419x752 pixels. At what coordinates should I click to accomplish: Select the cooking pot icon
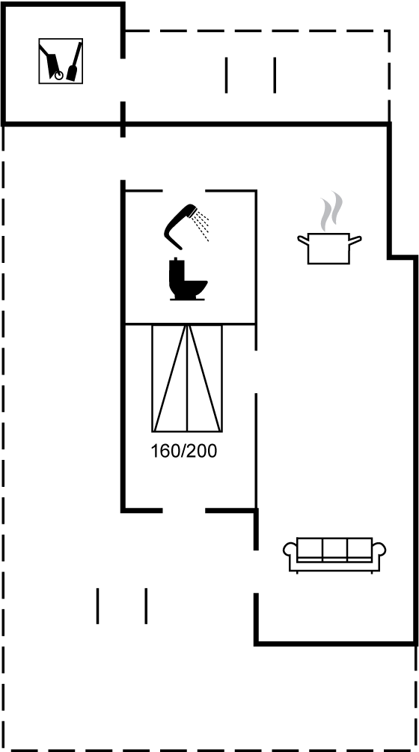click(x=329, y=248)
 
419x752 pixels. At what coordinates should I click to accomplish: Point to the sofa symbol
click(x=334, y=555)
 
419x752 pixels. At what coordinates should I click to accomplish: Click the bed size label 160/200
click(x=184, y=452)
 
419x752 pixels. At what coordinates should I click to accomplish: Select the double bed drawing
click(x=187, y=378)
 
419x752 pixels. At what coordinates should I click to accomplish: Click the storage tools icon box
click(x=61, y=61)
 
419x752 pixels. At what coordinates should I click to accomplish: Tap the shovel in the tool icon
click(x=75, y=61)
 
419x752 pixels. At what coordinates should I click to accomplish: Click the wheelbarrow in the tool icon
click(x=52, y=62)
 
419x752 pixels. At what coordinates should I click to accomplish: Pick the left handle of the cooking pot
click(x=302, y=240)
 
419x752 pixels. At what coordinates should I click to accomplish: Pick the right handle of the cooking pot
click(x=355, y=240)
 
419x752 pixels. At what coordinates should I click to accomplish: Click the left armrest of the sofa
click(x=290, y=551)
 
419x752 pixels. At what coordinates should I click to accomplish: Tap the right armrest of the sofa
click(x=379, y=551)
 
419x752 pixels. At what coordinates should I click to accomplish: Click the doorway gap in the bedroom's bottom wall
click(x=184, y=511)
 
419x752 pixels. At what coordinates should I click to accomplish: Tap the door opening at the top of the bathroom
click(x=184, y=191)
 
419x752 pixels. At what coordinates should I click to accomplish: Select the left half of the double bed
click(x=170, y=378)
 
